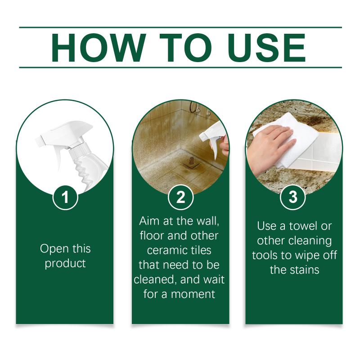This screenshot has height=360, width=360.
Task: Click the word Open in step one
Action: tap(53, 249)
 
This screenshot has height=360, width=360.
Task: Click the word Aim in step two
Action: tap(150, 221)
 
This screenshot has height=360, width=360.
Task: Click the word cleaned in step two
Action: tap(154, 280)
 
